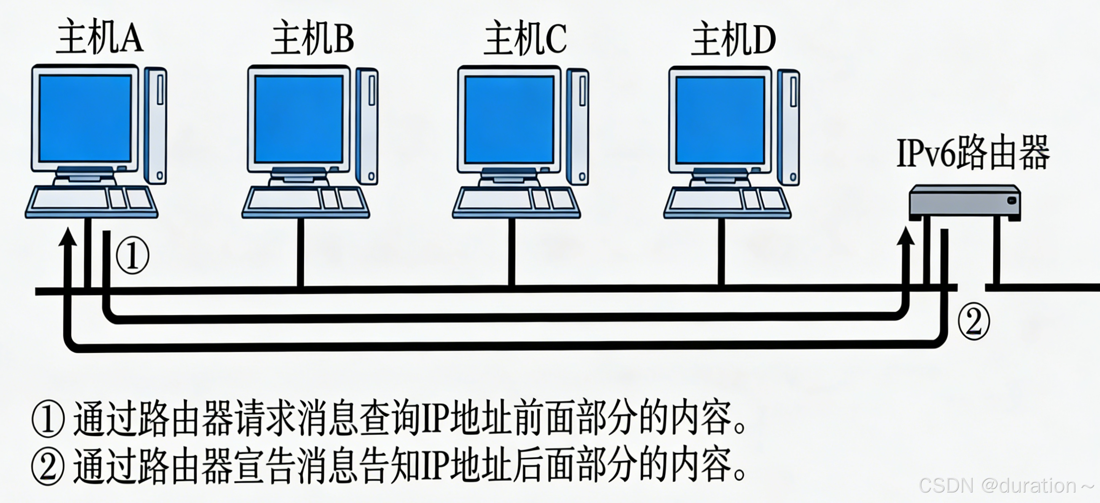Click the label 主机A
click(x=99, y=38)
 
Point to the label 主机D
click(x=733, y=39)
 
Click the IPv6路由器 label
click(x=973, y=153)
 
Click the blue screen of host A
click(x=86, y=118)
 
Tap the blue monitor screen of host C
click(x=509, y=120)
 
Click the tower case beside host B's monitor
click(x=368, y=126)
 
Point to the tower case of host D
click(x=788, y=127)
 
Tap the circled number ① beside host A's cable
click(x=133, y=256)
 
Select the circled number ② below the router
click(x=974, y=321)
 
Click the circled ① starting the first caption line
click(x=48, y=419)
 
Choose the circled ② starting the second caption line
click(x=48, y=466)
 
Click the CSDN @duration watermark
click(x=1006, y=485)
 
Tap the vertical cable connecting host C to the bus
click(x=512, y=252)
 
